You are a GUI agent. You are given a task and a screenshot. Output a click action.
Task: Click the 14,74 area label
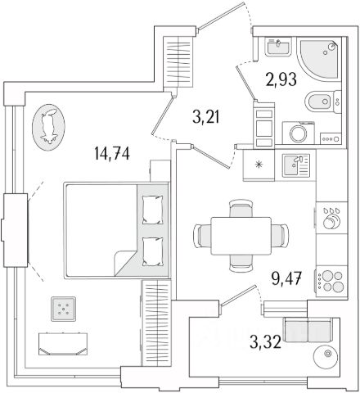[x=112, y=153]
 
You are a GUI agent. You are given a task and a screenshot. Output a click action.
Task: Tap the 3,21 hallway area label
[x=206, y=117]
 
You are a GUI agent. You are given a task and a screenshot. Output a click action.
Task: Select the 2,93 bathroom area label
[x=281, y=79]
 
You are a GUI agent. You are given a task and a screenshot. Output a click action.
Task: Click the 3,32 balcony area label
[x=265, y=342]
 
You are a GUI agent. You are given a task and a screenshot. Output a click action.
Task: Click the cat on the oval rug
[x=48, y=126]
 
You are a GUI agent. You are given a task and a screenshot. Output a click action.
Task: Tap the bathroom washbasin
[x=278, y=47]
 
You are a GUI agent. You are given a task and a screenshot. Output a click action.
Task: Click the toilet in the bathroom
[x=322, y=102]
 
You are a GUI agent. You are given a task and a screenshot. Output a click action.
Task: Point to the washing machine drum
[x=299, y=134]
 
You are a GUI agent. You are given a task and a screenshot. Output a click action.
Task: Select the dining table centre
[x=241, y=236]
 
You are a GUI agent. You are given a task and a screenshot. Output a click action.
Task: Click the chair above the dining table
[x=241, y=208]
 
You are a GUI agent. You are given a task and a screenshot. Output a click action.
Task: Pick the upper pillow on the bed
[x=152, y=210]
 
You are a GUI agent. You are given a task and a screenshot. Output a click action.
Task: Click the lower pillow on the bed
[x=152, y=251]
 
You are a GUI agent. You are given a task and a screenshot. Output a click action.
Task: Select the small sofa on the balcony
[x=308, y=330]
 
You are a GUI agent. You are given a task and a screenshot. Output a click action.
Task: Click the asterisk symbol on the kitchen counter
[x=259, y=165]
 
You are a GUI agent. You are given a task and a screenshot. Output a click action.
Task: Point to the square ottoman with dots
[x=63, y=309]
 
